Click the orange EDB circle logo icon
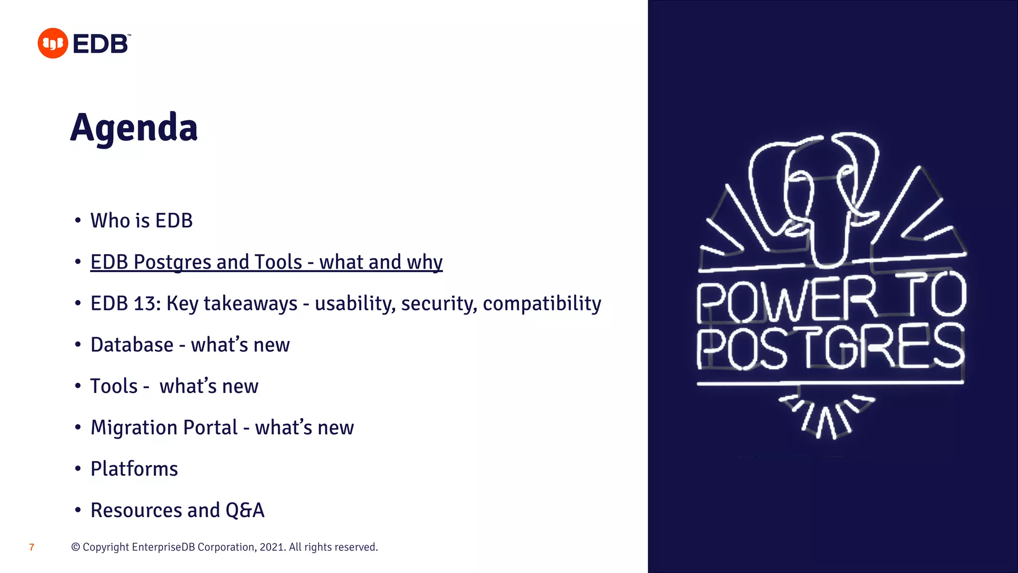tap(53, 43)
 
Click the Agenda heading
tap(134, 128)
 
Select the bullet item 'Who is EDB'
tap(141, 221)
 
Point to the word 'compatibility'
tap(542, 303)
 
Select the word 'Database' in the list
tap(132, 345)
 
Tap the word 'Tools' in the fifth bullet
tap(114, 386)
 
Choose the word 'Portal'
tap(210, 427)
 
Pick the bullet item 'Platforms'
tap(134, 469)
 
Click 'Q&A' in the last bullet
tap(245, 510)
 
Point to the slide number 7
tap(32, 547)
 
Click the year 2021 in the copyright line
tap(272, 547)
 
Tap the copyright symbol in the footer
tap(76, 547)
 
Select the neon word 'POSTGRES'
tap(830, 347)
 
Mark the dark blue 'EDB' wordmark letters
tap(101, 44)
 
